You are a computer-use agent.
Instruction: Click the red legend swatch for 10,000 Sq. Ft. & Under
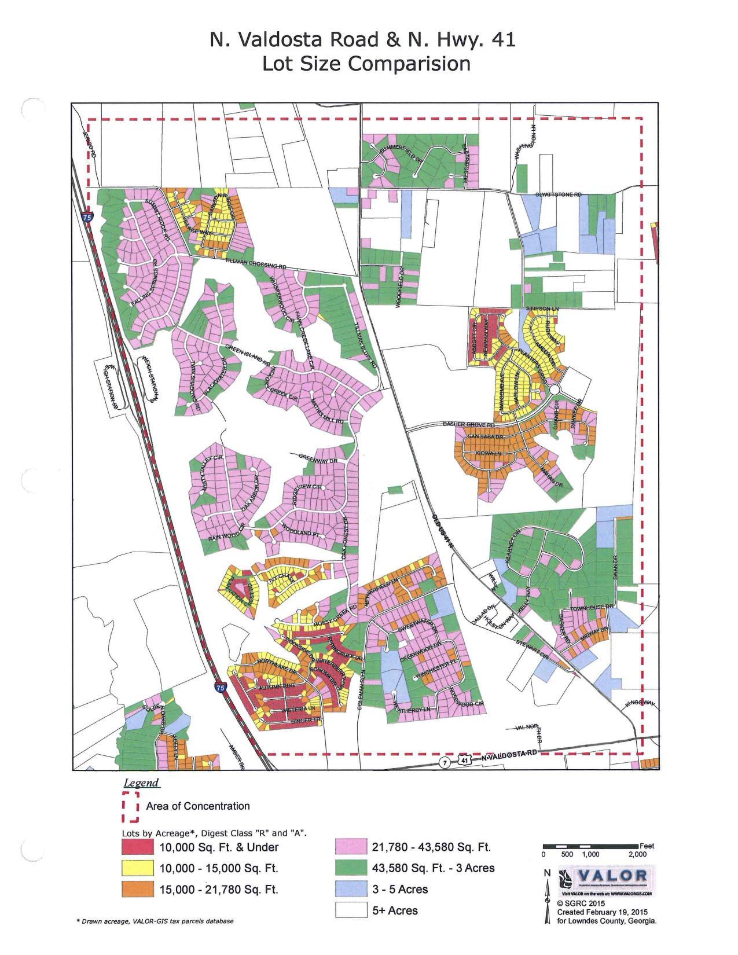pos(138,847)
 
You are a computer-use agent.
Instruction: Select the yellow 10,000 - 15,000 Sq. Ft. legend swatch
pos(138,868)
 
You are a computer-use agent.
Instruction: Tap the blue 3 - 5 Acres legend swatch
pos(351,889)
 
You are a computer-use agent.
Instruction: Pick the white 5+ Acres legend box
pos(351,910)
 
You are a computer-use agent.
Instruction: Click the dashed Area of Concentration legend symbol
pos(130,806)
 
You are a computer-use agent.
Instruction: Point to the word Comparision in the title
pos(366,63)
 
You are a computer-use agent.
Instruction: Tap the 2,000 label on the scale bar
pos(637,854)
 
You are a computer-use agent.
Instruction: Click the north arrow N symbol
pos(546,873)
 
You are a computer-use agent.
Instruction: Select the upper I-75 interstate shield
pos(87,218)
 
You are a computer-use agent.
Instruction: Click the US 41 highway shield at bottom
pos(464,762)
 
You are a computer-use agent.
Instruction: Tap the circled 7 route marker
pos(444,762)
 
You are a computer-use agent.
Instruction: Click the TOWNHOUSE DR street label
pos(587,608)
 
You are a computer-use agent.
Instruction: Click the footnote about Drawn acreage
pos(155,921)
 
